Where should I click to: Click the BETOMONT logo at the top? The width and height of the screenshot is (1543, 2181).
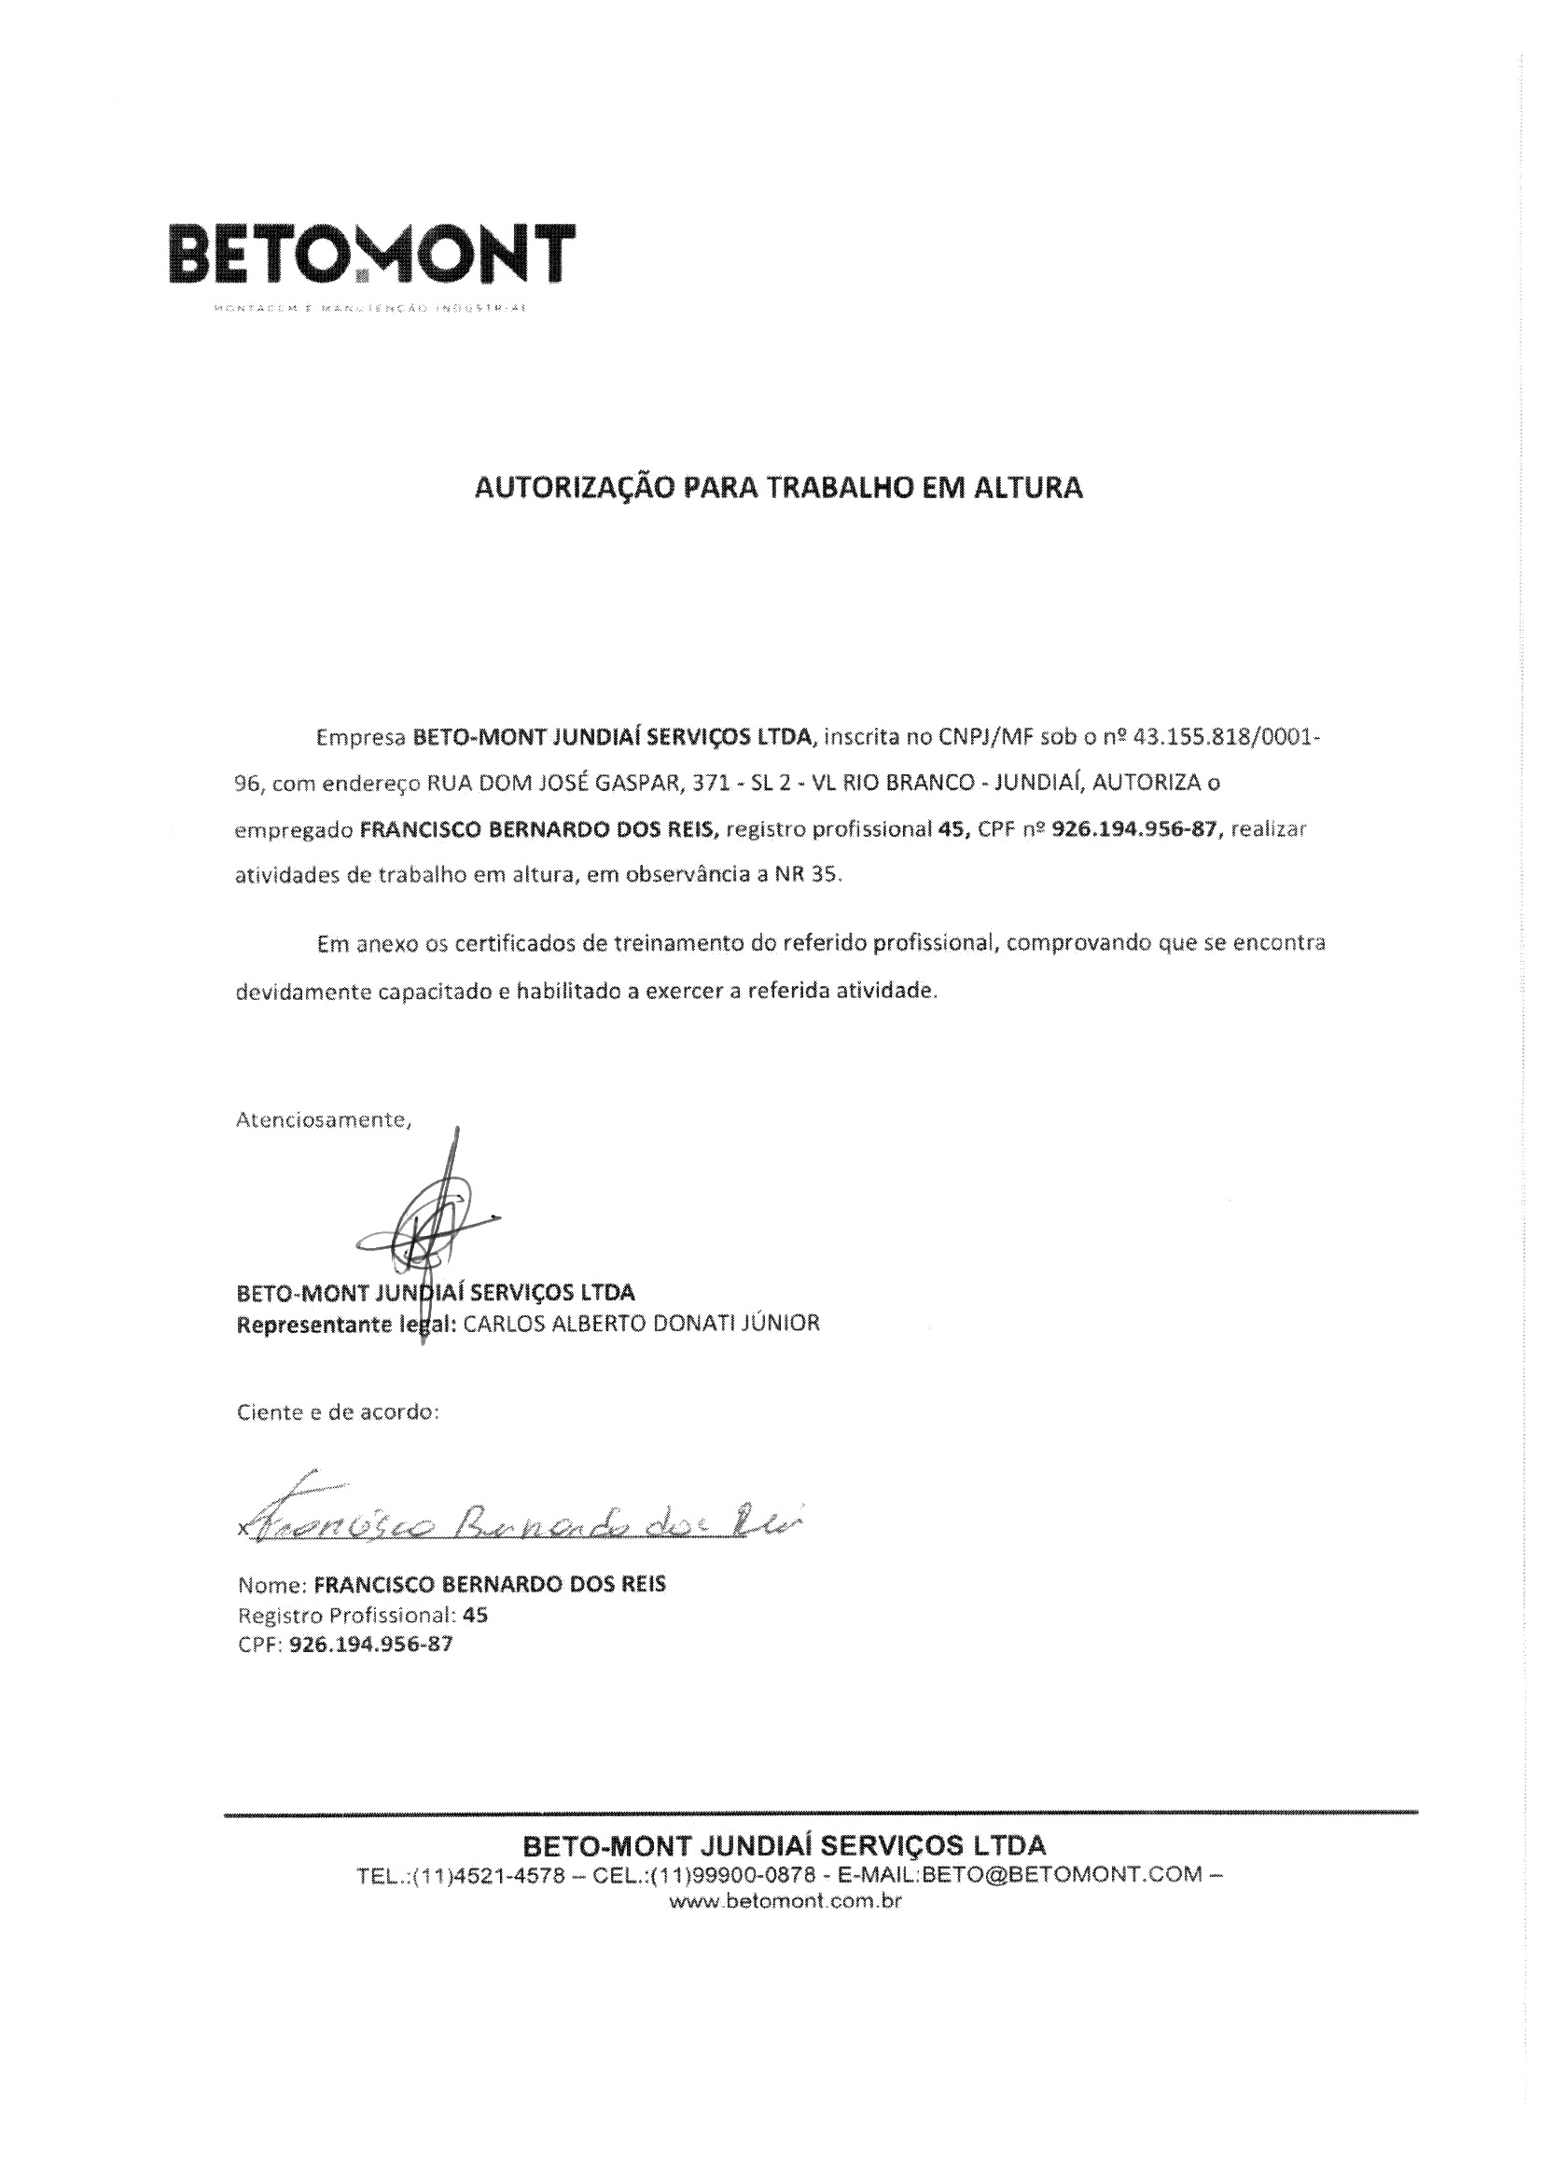coord(371,255)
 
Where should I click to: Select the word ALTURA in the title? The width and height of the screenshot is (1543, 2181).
coord(1032,488)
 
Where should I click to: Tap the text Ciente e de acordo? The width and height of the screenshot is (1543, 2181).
coord(338,1412)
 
